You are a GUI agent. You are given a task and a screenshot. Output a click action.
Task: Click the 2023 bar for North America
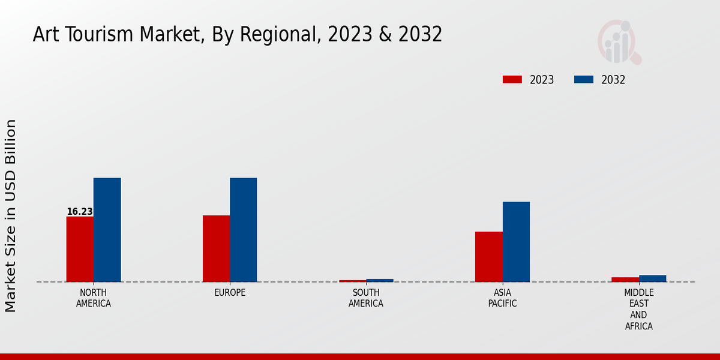[x=80, y=249]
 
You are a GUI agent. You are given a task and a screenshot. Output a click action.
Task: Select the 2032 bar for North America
[x=107, y=230]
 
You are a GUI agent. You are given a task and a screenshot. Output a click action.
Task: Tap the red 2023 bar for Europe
[x=216, y=248]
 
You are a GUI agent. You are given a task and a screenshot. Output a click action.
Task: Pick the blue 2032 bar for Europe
[x=243, y=230]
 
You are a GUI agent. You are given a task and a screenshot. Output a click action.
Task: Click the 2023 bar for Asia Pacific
[x=488, y=257]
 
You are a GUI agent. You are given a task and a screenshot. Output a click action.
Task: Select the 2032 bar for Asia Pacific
[x=516, y=242]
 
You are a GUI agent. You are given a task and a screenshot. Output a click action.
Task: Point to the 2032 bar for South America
[x=380, y=280]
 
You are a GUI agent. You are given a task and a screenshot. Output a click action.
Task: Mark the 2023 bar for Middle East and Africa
[x=625, y=280]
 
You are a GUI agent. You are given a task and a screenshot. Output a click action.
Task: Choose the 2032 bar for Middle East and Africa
[x=652, y=278]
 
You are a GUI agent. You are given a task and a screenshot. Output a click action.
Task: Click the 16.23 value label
[x=79, y=212]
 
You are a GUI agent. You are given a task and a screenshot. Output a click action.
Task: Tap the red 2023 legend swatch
[x=512, y=80]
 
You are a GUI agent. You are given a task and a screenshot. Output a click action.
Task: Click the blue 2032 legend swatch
[x=584, y=80]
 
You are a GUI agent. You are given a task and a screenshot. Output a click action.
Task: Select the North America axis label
[x=93, y=298]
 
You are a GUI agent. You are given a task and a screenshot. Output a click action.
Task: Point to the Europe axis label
[x=230, y=293]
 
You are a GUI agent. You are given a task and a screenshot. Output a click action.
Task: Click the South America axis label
[x=366, y=298]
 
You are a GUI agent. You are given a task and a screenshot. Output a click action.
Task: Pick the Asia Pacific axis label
[x=502, y=298]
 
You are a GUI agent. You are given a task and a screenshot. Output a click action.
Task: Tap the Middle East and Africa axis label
[x=638, y=310]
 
